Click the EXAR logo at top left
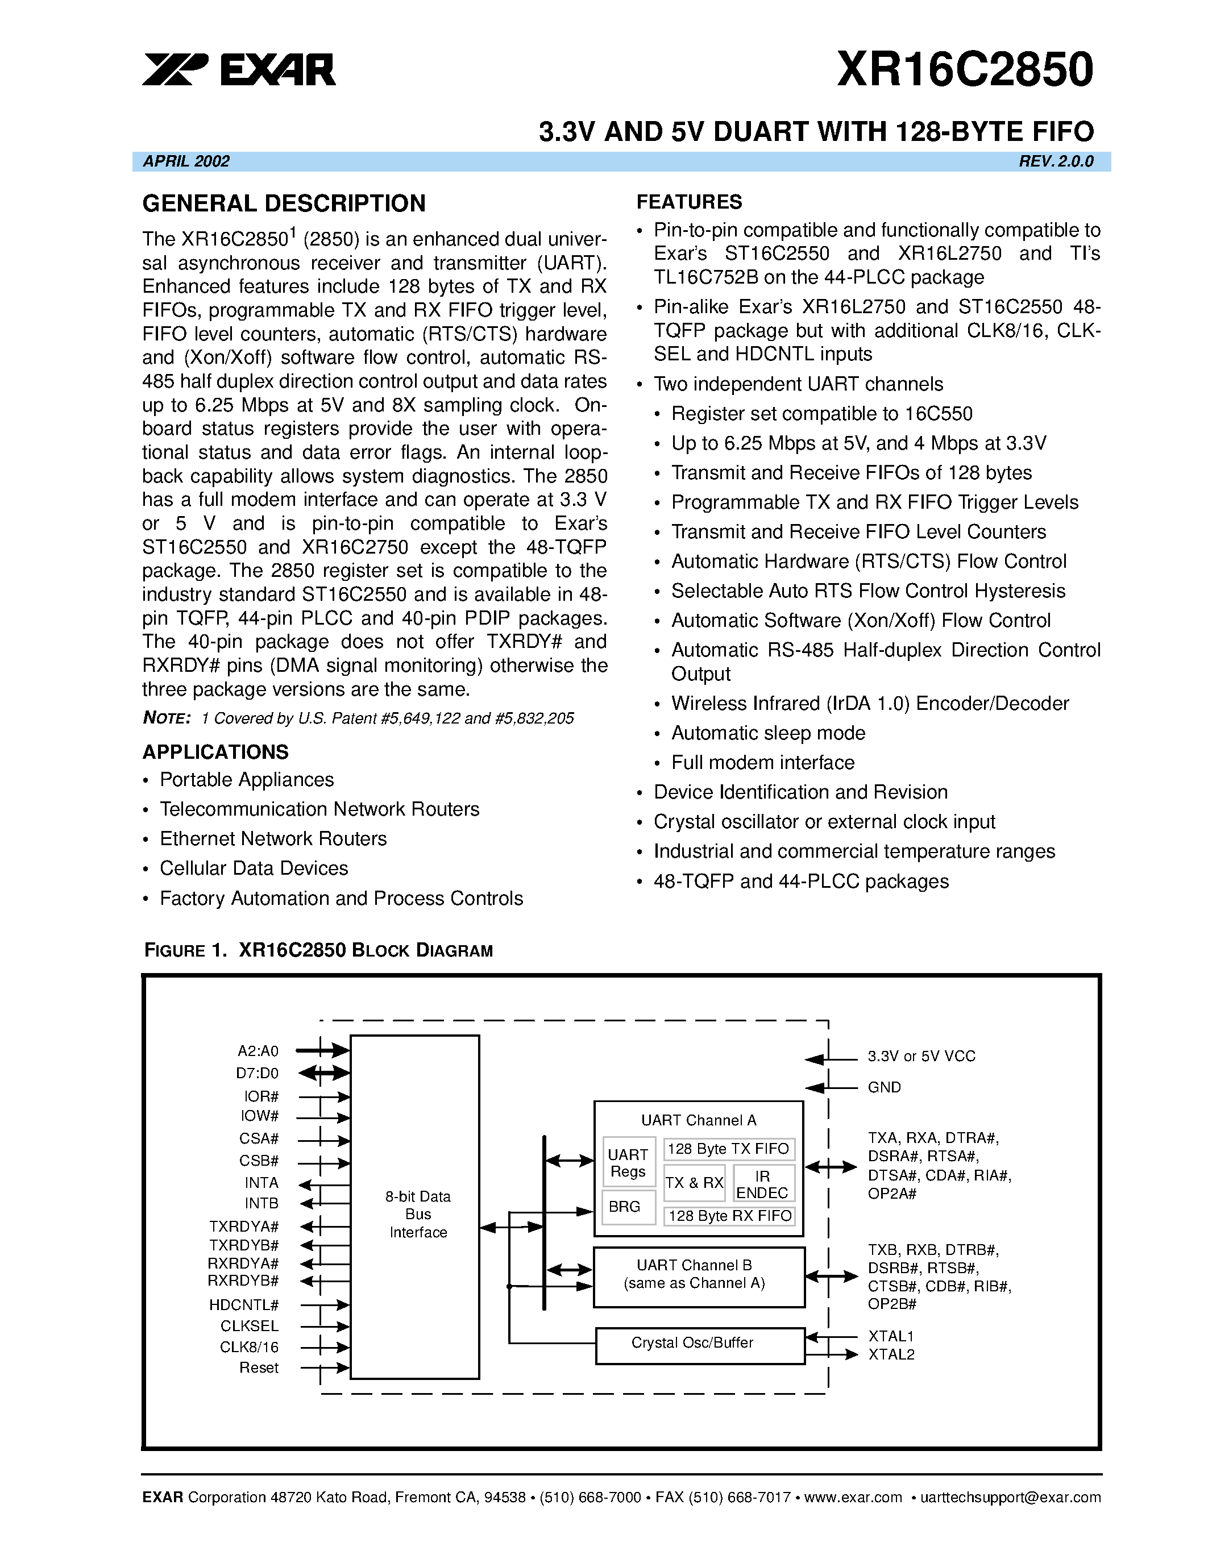[x=238, y=69]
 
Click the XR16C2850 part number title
[x=964, y=69]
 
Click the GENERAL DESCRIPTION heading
[x=284, y=204]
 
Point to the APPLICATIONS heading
[x=215, y=752]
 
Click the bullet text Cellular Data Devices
[x=254, y=868]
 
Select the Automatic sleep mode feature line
[x=768, y=733]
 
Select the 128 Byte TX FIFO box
[x=728, y=1149]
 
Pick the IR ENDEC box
[x=762, y=1184]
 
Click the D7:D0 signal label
[x=257, y=1074]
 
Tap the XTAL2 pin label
[x=891, y=1355]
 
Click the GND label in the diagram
[x=884, y=1087]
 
